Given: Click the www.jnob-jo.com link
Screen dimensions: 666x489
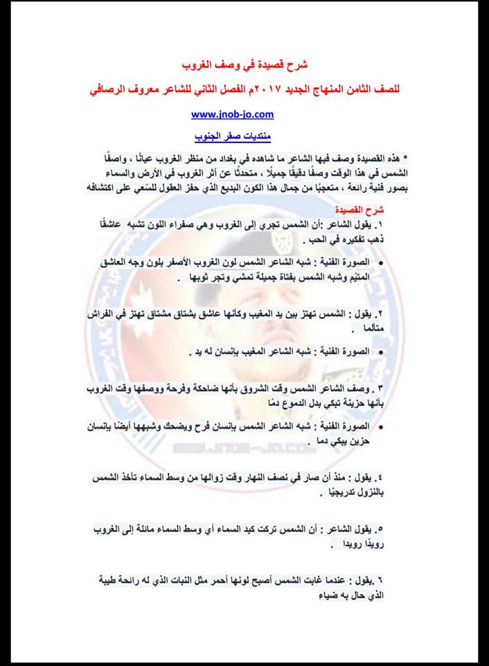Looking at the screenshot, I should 232,114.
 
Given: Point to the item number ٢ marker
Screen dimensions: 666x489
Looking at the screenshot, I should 380,314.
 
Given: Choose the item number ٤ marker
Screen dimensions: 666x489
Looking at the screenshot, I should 380,479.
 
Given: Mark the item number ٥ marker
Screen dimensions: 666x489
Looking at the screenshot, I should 380,530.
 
